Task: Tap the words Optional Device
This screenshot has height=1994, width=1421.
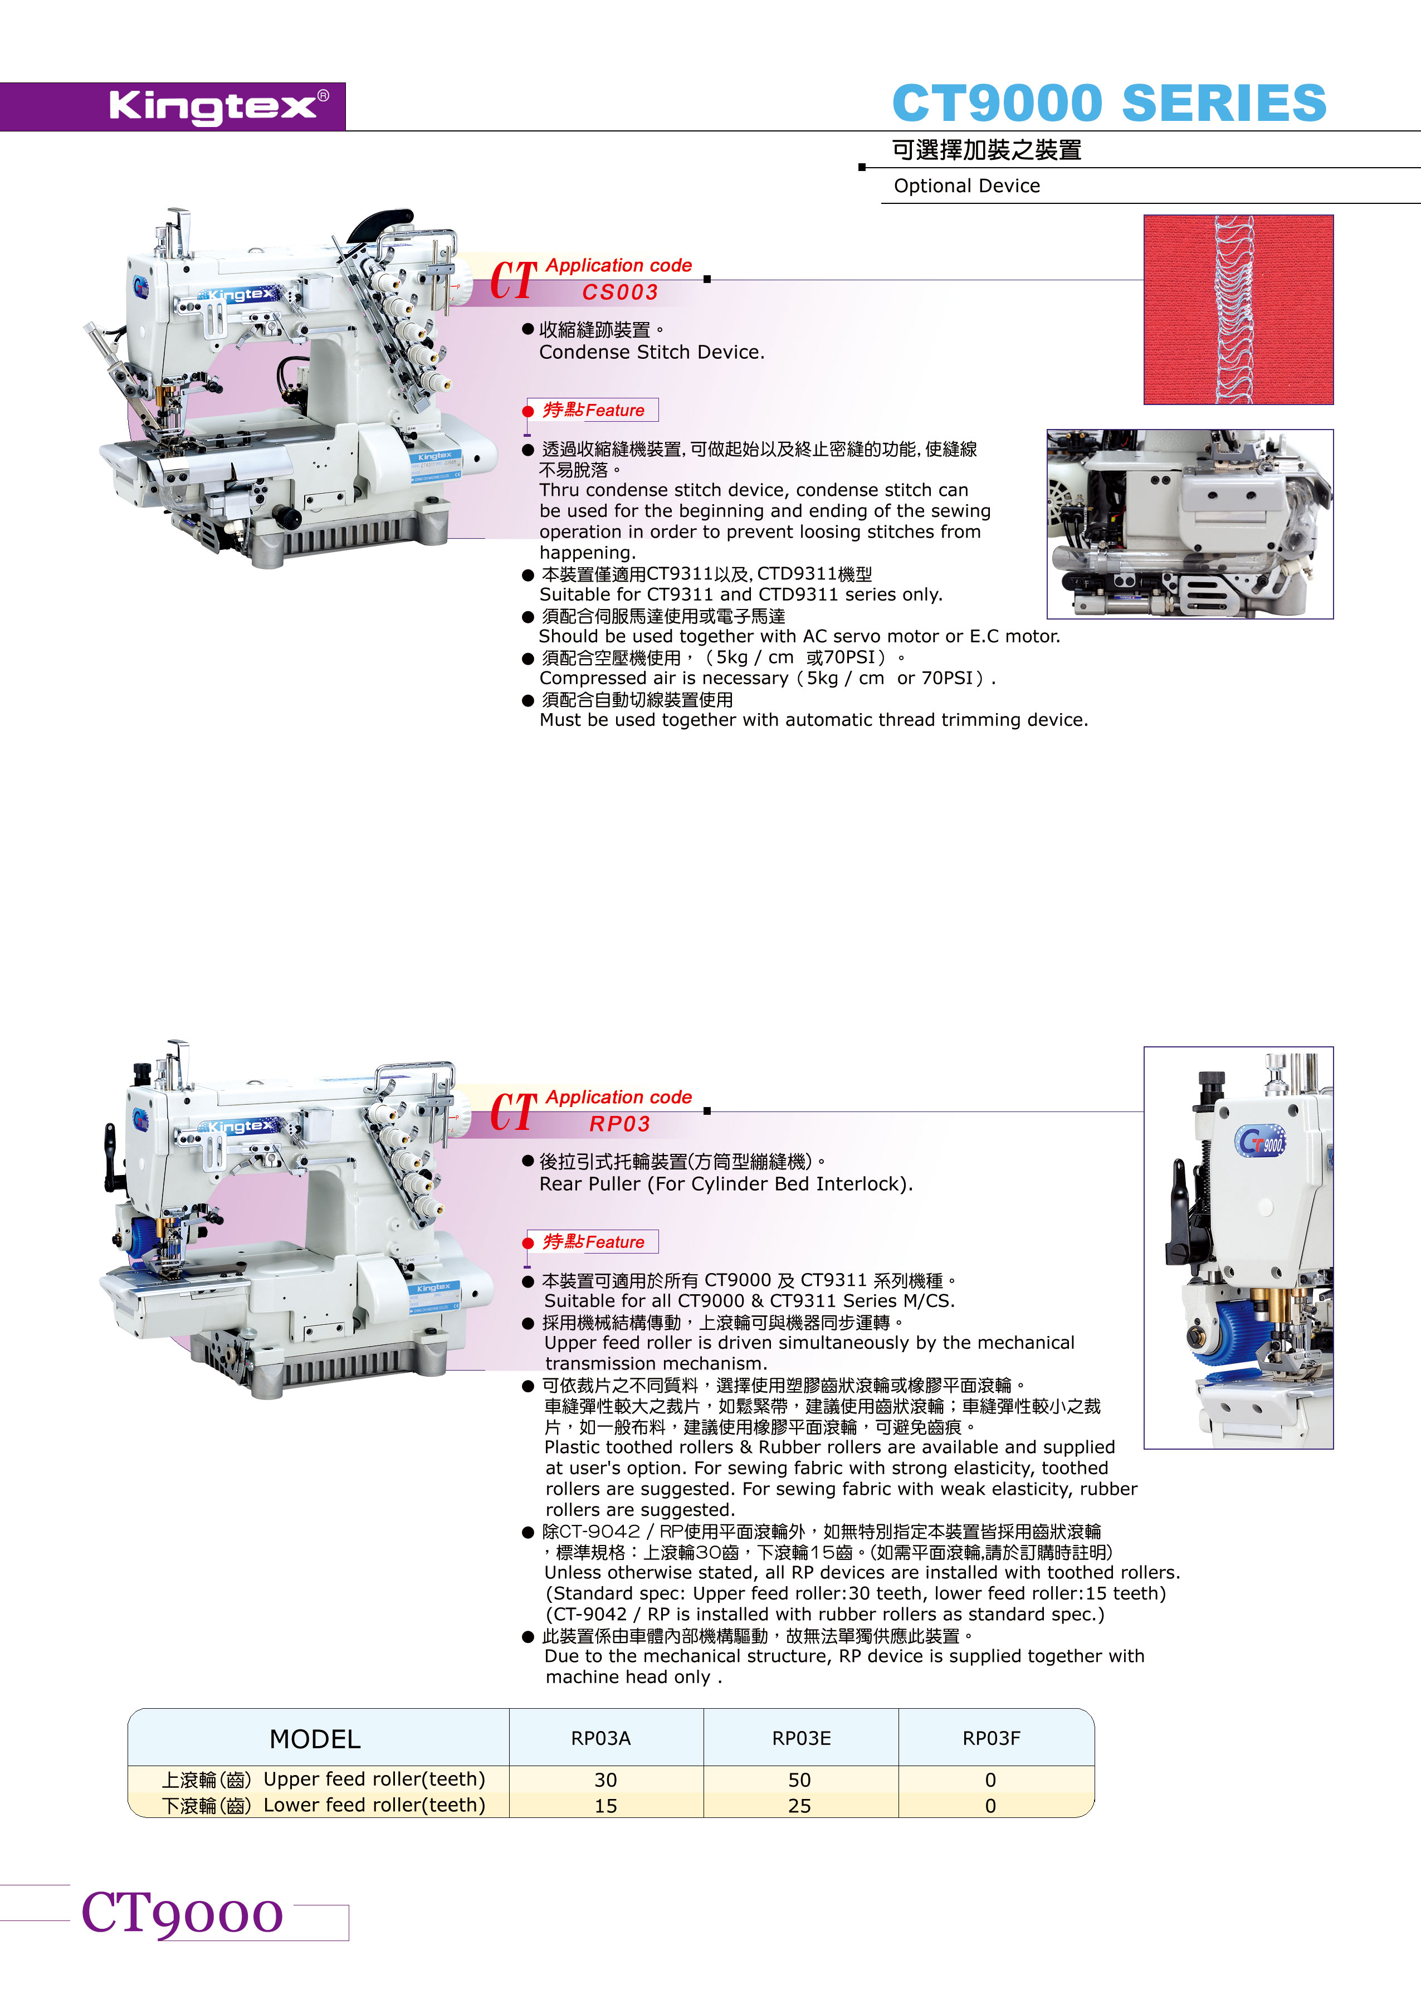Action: coord(967,186)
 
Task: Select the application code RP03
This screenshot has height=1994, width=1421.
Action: coord(619,1124)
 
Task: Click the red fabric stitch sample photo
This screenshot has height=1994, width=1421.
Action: coord(1238,310)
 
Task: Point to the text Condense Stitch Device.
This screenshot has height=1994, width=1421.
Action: coord(652,352)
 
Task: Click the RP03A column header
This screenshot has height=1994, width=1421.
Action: coord(601,1738)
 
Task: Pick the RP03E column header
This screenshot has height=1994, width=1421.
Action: coord(802,1738)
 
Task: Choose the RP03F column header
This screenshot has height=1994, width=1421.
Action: coord(992,1738)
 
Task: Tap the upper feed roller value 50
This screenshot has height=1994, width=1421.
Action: coord(800,1781)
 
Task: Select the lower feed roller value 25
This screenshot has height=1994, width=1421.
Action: coord(800,1806)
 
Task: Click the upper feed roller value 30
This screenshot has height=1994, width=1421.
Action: coord(605,1781)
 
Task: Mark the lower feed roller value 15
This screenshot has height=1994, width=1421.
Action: coord(605,1806)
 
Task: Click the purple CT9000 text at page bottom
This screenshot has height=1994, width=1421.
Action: coord(182,1914)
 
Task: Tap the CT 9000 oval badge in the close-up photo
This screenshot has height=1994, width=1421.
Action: coord(1261,1141)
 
